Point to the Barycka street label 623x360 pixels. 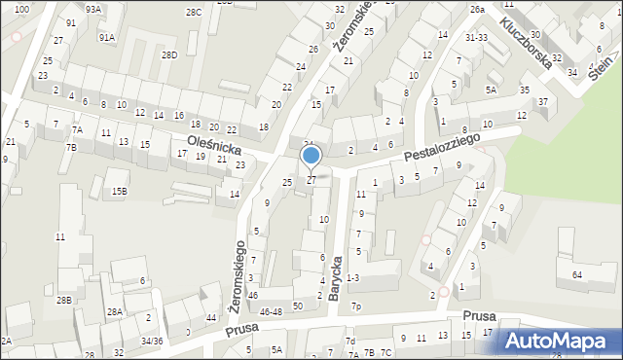click(x=337, y=277)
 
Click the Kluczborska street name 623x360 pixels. click(x=527, y=36)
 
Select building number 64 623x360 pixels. click(x=578, y=275)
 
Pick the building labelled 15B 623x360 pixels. click(x=119, y=192)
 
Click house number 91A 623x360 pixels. click(x=106, y=37)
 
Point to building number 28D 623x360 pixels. click(x=169, y=54)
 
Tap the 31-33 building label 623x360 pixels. click(x=476, y=37)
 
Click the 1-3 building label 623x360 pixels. click(x=352, y=278)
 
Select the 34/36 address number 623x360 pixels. click(x=152, y=342)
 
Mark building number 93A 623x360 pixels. click(x=92, y=9)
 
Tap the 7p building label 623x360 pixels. click(x=356, y=307)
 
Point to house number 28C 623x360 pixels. click(x=195, y=12)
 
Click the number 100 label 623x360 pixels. click(x=21, y=9)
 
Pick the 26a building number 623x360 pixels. click(x=477, y=9)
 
